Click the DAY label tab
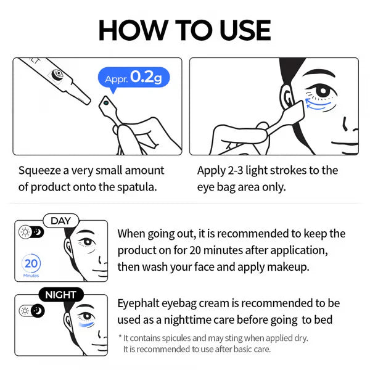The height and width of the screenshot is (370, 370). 61,221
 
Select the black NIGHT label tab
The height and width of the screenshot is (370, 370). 61,294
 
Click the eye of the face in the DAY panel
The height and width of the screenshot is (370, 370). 86,242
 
